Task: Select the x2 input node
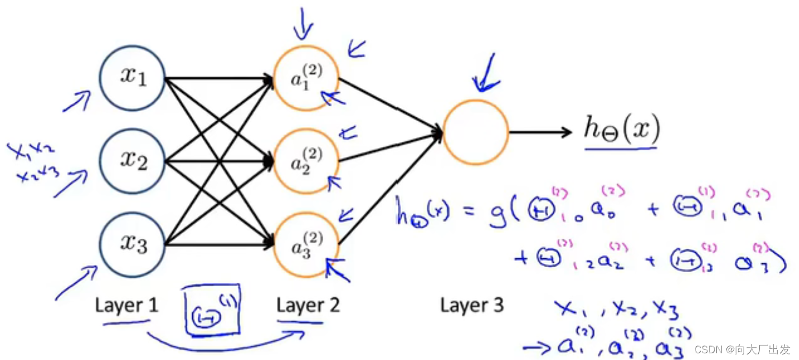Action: (132, 162)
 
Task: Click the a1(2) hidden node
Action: (306, 78)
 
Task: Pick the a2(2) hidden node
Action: (306, 162)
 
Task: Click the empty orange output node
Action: (475, 132)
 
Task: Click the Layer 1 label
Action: (126, 305)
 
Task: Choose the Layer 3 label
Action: (472, 305)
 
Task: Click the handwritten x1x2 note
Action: (30, 150)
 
